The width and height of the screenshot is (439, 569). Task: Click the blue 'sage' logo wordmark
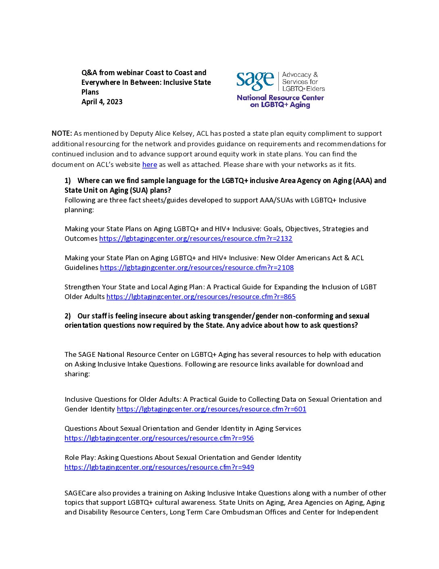click(x=255, y=81)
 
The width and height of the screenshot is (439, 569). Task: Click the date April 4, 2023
click(x=102, y=102)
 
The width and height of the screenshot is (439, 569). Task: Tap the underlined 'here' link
click(x=149, y=164)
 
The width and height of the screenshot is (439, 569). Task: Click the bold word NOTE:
click(x=62, y=133)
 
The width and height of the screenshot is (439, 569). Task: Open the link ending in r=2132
click(x=196, y=238)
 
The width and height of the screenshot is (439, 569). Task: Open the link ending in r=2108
click(x=197, y=268)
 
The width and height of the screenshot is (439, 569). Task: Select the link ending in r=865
click(x=201, y=297)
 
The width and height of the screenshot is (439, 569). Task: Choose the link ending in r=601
click(x=211, y=409)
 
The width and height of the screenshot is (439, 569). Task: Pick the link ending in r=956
click(x=159, y=438)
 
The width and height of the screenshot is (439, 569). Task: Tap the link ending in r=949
click(x=159, y=467)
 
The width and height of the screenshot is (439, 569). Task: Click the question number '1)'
click(x=68, y=181)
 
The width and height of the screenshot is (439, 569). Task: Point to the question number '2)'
click(x=68, y=316)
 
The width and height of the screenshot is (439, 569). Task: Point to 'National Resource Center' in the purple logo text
click(x=280, y=98)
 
